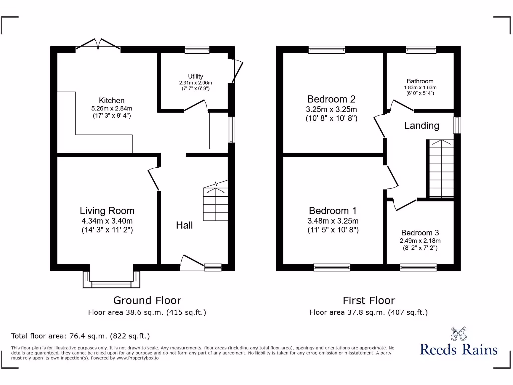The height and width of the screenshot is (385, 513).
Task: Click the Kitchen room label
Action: pos(111,101)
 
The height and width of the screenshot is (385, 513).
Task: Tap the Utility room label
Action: pos(195,77)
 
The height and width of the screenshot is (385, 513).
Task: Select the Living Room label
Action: pos(107,211)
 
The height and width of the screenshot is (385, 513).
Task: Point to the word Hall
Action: pos(184,225)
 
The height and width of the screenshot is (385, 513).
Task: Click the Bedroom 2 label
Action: pos(331,99)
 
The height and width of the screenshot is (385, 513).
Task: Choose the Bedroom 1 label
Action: pos(333,211)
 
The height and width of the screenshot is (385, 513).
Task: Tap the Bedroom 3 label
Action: pos(420,233)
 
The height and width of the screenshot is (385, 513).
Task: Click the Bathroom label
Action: pos(420,81)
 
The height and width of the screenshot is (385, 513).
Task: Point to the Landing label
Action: pos(422,126)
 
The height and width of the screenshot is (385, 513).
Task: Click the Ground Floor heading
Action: pos(147,300)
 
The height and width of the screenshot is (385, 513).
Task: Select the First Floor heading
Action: pos(369,300)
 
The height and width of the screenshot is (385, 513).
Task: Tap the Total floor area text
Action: pos(81,336)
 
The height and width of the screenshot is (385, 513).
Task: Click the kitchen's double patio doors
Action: pos(98,45)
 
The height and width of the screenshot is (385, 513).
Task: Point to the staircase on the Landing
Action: pos(441,168)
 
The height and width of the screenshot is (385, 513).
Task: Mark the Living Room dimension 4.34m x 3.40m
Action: pos(107,221)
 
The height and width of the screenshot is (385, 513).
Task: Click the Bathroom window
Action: pos(421,49)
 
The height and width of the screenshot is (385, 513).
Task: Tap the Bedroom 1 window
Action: pos(332,267)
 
